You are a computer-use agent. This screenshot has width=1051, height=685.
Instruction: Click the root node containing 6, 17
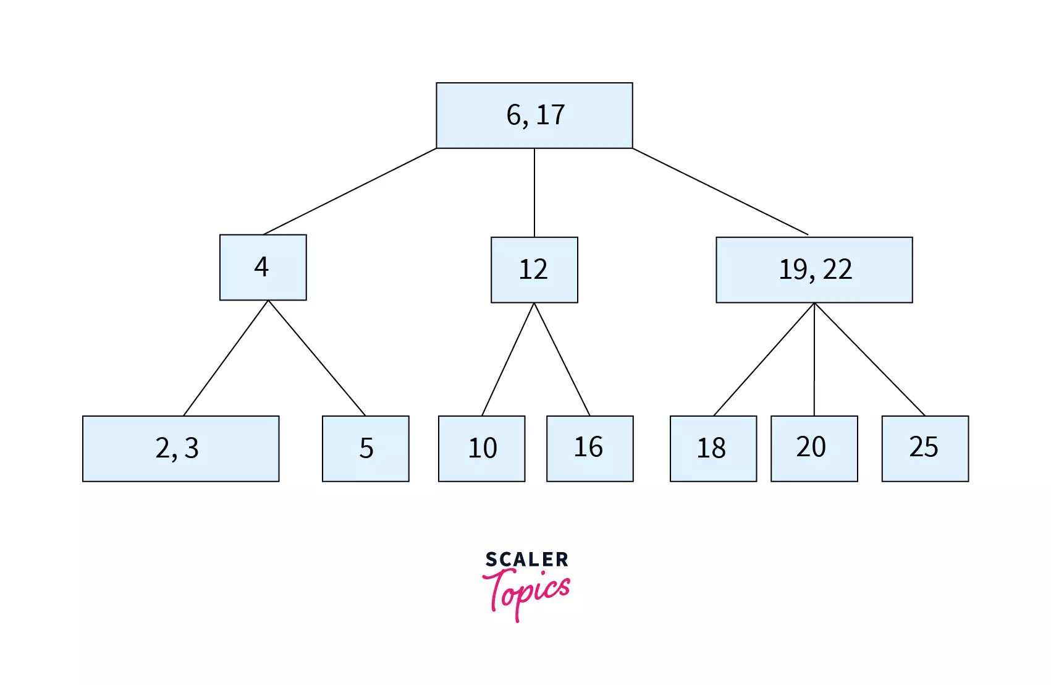click(534, 116)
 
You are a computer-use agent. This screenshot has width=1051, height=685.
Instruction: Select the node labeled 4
click(263, 267)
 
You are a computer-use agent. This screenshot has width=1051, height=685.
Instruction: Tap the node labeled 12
click(534, 270)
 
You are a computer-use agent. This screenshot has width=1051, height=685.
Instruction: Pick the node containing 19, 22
click(814, 270)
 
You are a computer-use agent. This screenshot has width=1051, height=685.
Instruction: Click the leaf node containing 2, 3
click(180, 448)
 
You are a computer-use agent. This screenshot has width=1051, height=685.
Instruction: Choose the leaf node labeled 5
click(365, 448)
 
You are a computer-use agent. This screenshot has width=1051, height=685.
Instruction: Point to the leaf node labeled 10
click(481, 448)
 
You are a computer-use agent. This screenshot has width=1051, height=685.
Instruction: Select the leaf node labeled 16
click(589, 448)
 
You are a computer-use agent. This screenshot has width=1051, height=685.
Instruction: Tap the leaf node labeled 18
click(713, 448)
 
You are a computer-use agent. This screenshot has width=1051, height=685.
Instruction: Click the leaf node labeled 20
click(814, 448)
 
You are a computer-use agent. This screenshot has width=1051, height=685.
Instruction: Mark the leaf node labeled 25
click(925, 448)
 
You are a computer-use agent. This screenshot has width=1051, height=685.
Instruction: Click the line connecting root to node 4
click(350, 192)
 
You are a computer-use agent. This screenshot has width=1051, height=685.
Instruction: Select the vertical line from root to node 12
click(534, 193)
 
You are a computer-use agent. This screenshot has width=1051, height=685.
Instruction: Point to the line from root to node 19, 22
click(720, 192)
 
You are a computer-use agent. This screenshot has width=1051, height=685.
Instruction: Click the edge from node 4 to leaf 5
click(317, 358)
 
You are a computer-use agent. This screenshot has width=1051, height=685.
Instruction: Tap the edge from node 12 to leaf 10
click(508, 359)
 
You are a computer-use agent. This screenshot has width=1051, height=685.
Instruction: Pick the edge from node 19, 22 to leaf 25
click(869, 359)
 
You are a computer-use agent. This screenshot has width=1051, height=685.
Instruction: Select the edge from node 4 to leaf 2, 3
click(226, 358)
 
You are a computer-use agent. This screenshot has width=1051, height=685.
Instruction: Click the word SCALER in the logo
click(526, 559)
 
